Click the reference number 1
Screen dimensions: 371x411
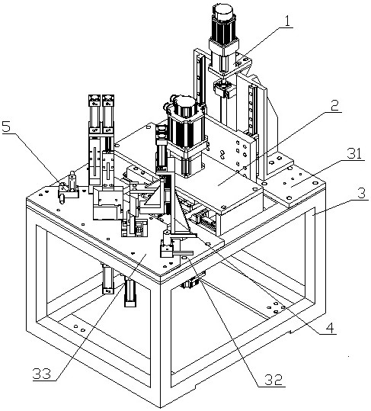(287, 22)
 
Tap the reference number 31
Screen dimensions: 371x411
(354, 153)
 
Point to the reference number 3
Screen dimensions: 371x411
(361, 194)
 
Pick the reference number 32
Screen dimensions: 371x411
(273, 379)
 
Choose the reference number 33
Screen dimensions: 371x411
(42, 374)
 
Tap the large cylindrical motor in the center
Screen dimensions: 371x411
(187, 133)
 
